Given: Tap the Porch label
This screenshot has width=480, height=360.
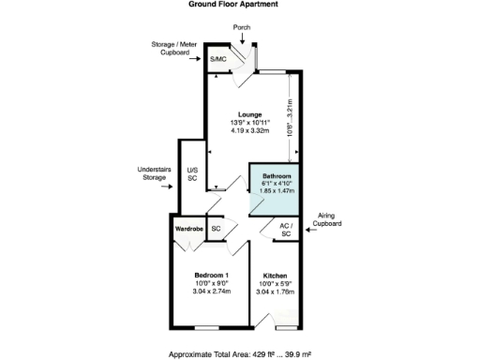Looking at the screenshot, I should point(242,27).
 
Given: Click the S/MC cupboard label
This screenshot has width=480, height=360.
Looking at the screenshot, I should point(217,59).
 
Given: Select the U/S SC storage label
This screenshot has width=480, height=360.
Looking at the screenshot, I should point(192,172).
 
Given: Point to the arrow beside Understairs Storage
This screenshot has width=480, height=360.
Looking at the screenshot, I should point(169,186).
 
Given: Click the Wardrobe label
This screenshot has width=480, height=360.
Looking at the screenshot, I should point(188,228).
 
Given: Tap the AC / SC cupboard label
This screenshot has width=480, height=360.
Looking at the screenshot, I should point(287,229).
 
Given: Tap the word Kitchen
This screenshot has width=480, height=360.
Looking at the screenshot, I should point(275,275).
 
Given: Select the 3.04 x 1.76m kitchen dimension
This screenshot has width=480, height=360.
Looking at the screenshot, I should point(275,292).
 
